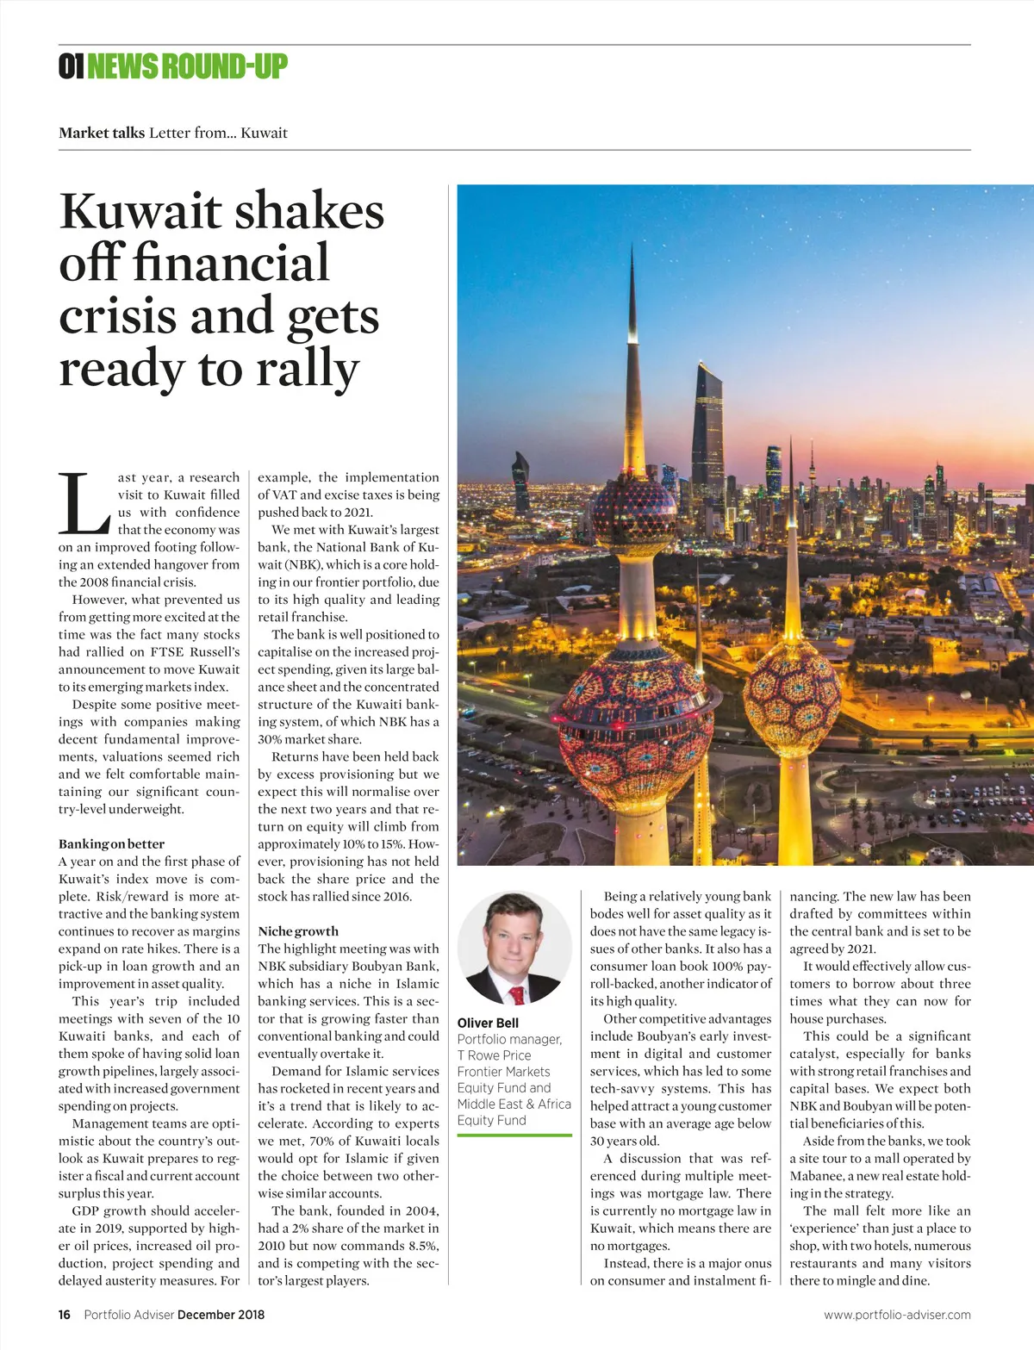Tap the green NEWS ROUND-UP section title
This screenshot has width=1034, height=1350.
(187, 66)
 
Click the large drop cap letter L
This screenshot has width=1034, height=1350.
(84, 503)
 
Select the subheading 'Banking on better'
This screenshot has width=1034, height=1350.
(111, 844)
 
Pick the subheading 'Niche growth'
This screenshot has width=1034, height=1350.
(298, 931)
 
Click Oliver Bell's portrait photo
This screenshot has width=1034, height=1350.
(514, 949)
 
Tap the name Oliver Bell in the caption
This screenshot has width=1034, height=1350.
(488, 1023)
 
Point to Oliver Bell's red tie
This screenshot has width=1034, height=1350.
(517, 996)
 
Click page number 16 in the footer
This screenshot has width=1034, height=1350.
(65, 1315)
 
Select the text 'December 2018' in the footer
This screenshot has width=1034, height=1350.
(221, 1315)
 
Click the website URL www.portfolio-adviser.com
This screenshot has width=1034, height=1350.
(897, 1315)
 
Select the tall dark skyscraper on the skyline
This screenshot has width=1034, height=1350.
(708, 431)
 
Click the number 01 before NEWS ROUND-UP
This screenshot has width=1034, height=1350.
(72, 66)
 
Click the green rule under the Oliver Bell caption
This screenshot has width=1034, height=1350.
(514, 1135)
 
